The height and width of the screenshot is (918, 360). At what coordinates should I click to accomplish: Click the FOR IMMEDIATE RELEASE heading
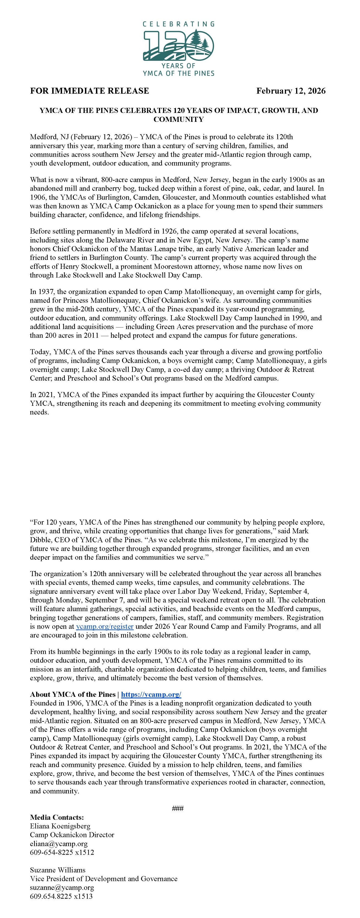coord(90,91)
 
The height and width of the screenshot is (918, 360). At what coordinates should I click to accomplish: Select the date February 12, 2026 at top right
coord(291,91)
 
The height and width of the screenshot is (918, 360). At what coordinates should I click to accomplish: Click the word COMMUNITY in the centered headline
coord(179,119)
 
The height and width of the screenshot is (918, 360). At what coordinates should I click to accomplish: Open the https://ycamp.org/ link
coord(151,694)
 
